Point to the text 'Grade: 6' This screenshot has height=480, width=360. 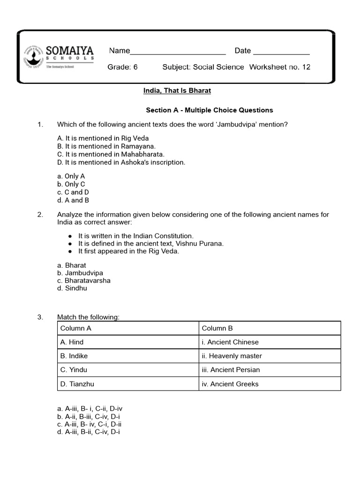tap(122, 67)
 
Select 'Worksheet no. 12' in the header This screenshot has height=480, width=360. tap(279, 67)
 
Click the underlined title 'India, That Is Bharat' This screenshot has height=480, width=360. tap(174, 90)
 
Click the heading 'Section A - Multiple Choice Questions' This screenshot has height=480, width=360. tap(209, 110)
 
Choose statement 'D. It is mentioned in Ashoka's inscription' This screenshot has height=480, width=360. tap(121, 162)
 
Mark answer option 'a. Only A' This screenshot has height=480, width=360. tap(71, 176)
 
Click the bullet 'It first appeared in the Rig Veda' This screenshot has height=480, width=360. tap(128, 251)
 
